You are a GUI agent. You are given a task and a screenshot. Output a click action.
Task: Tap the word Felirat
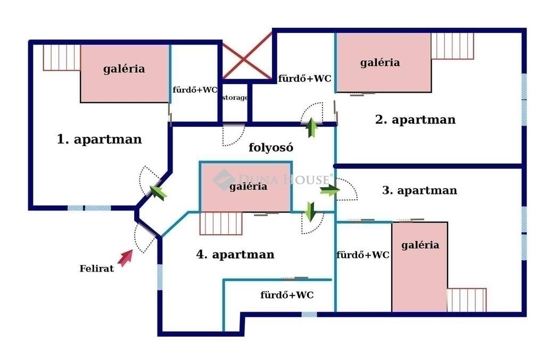97,269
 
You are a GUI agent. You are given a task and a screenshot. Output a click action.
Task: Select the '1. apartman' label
100,140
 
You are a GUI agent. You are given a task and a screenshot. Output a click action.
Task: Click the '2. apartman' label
416,119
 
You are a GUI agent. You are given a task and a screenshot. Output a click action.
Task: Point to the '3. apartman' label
419,190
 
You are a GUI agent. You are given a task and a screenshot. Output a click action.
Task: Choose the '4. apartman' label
235,255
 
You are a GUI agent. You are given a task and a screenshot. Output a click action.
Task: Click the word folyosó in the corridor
271,148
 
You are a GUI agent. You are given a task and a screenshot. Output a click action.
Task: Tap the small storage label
235,97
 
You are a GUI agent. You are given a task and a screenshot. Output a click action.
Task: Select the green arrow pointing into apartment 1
157,191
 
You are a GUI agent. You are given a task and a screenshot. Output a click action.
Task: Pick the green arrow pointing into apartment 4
310,212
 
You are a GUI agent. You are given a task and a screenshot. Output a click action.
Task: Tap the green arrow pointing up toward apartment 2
311,128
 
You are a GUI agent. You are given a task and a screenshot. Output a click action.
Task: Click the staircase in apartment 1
61,57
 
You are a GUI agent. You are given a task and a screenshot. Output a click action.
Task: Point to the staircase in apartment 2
452,46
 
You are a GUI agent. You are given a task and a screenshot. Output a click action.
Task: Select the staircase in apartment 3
466,300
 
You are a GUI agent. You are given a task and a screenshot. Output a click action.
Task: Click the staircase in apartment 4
221,224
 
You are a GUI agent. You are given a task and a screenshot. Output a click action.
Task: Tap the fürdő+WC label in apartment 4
287,295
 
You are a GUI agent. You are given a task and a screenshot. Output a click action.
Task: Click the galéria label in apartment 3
420,245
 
